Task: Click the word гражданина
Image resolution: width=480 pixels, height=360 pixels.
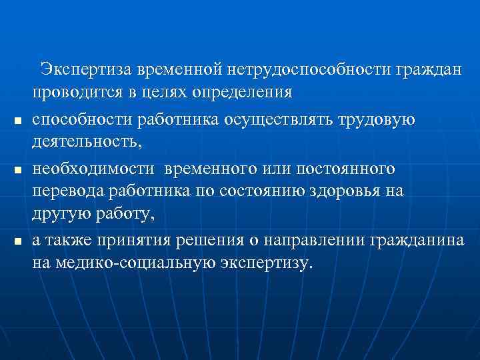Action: pos(419,239)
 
